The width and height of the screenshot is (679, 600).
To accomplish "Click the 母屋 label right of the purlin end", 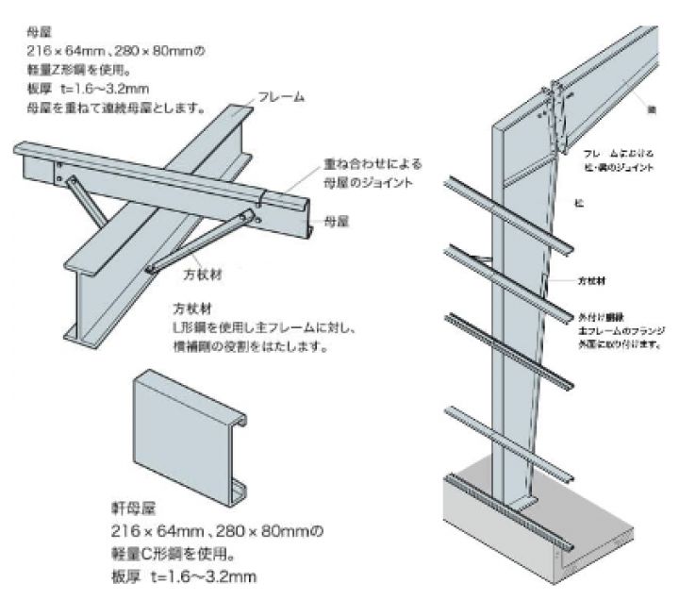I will point(335,221).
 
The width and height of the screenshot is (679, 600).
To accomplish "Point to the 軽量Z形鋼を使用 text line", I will point(79,70).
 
